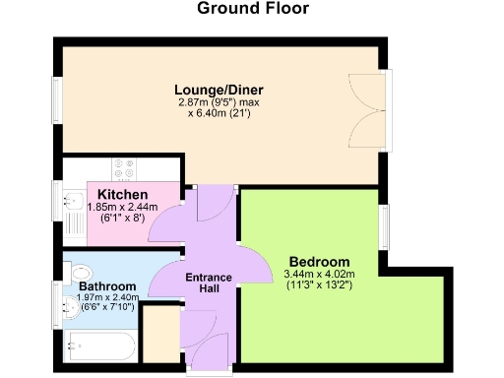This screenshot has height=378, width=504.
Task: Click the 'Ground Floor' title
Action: click(x=253, y=10)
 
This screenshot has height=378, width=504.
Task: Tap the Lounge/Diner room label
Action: click(x=220, y=90)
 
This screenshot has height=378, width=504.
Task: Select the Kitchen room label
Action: click(x=122, y=193)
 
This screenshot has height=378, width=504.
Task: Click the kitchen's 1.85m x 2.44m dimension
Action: click(x=123, y=207)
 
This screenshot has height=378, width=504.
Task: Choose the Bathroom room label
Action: click(x=107, y=286)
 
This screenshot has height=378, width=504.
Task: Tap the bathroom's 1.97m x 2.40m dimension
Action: click(x=107, y=298)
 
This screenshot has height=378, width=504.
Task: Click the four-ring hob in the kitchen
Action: click(x=124, y=168)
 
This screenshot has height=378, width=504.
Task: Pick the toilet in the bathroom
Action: click(x=80, y=271)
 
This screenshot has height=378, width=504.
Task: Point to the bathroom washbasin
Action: click(x=69, y=306)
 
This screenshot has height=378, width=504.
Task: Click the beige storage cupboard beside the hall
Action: click(x=157, y=335)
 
